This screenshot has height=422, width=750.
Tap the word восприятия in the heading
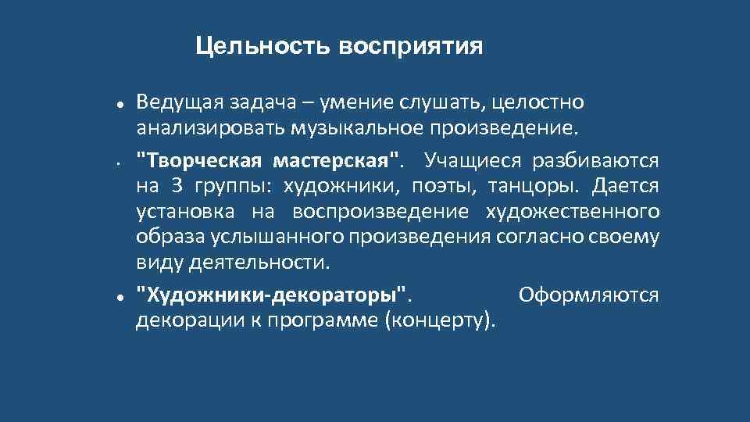tap(411, 47)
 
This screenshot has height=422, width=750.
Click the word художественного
tap(573, 212)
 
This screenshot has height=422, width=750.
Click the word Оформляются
tap(588, 296)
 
